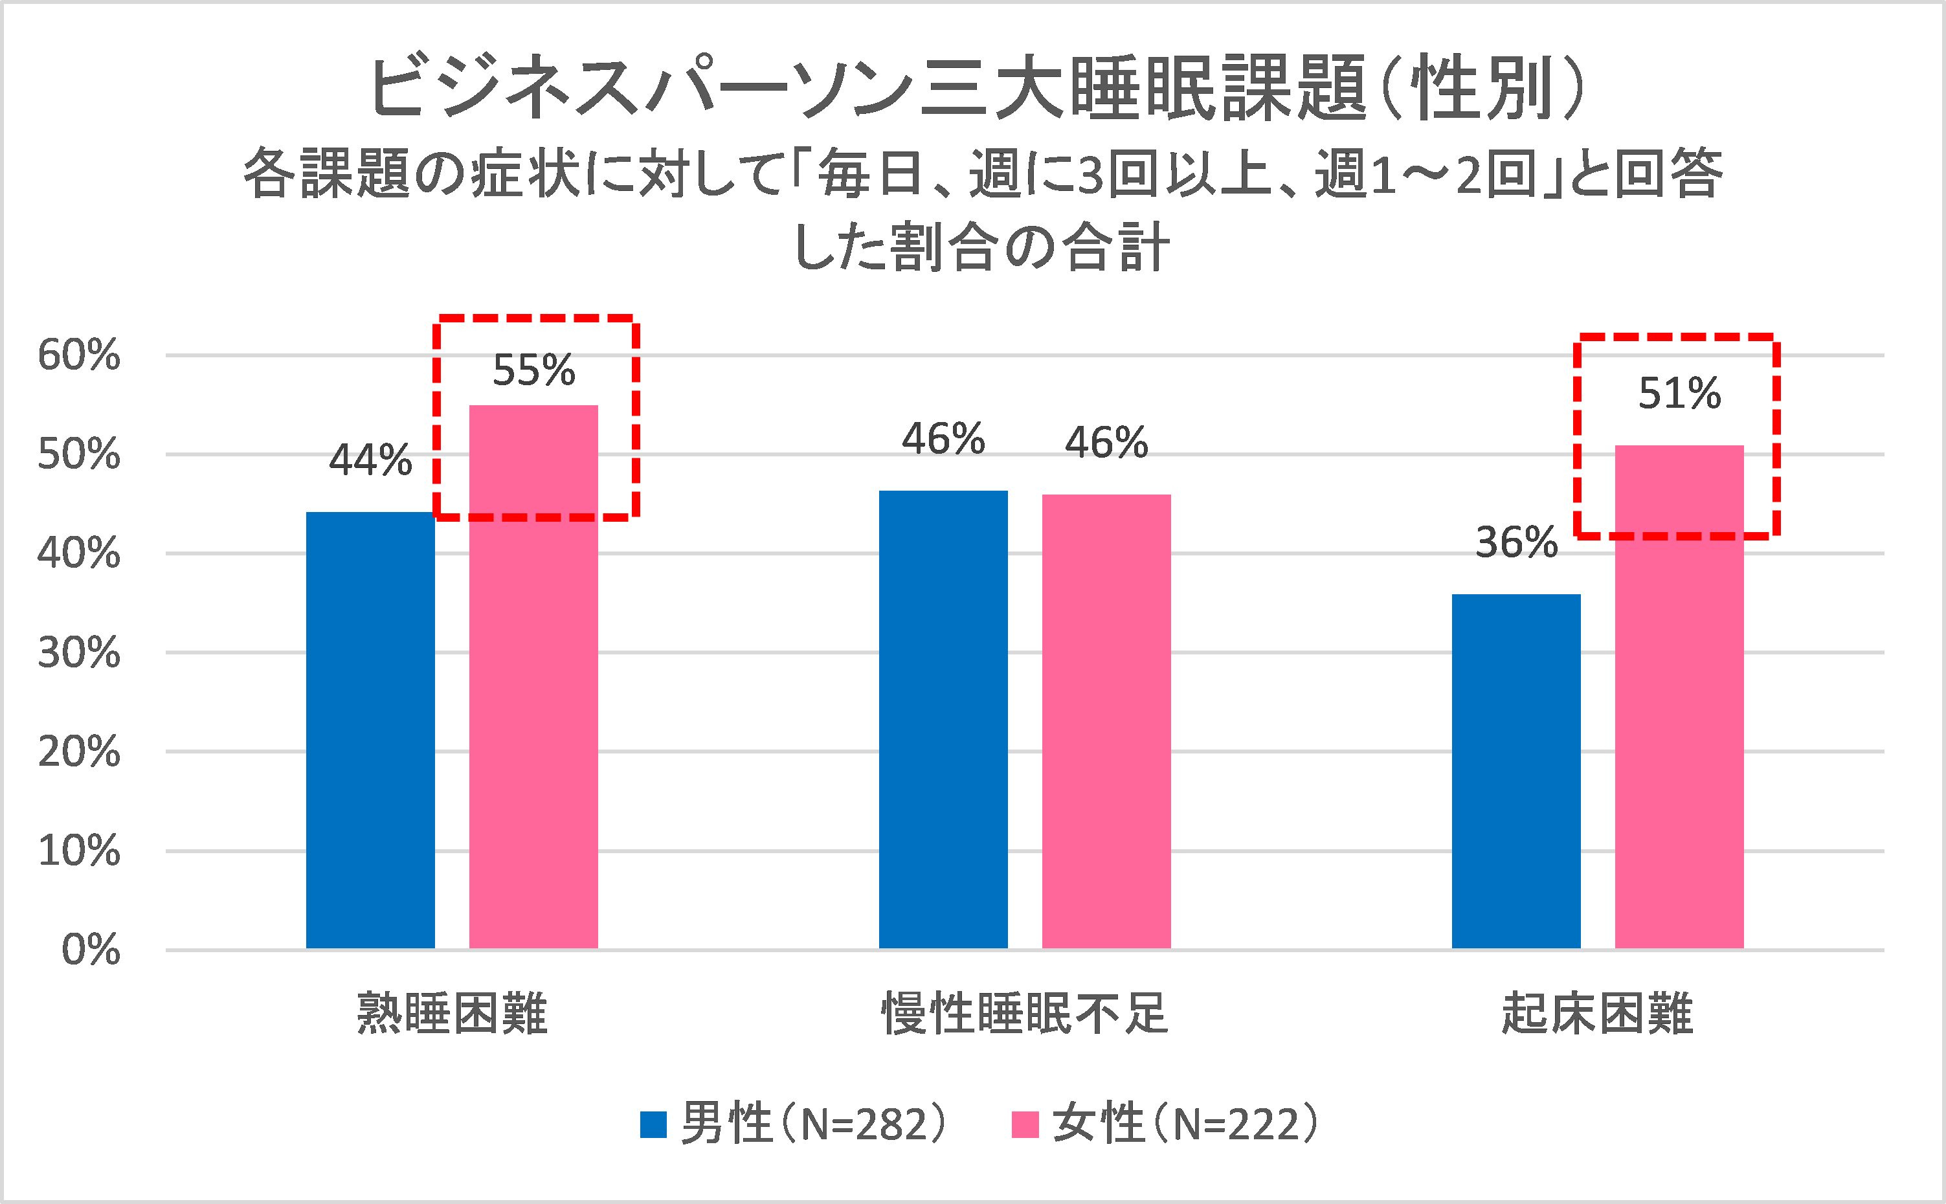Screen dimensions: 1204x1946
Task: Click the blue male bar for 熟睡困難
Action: point(370,730)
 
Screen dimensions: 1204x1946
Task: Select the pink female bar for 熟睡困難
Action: point(533,677)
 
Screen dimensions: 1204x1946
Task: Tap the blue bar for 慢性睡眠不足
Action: point(943,719)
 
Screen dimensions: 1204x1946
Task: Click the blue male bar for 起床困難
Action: point(1516,771)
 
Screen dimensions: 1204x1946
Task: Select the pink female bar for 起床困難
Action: point(1679,697)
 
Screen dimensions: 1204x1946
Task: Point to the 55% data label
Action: point(533,370)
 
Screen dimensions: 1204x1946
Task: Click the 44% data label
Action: point(370,460)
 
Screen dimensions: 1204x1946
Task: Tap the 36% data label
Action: point(1516,543)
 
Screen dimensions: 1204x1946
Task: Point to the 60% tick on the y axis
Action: point(79,355)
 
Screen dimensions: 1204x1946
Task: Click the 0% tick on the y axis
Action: point(91,950)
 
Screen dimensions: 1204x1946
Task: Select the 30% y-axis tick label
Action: point(79,653)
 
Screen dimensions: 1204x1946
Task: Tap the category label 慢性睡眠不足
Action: point(1025,1014)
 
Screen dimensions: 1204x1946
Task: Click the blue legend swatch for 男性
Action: point(653,1124)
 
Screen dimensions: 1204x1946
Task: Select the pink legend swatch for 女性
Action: point(1025,1124)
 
